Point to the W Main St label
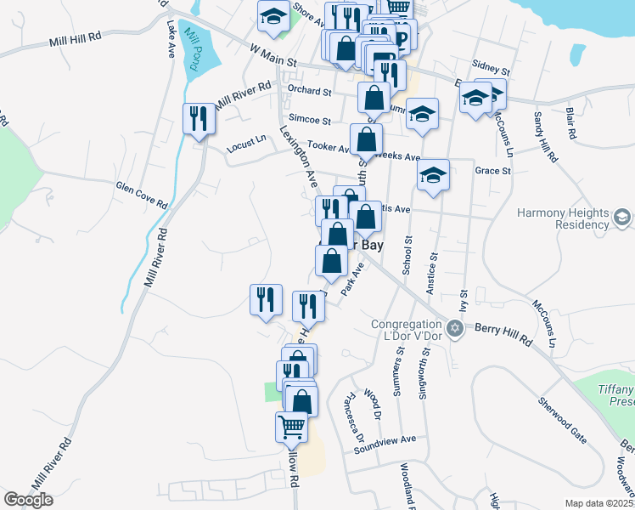click(272, 57)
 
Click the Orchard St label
click(308, 90)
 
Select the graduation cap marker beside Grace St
click(433, 175)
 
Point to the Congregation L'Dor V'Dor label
click(407, 328)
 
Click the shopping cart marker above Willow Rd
click(291, 426)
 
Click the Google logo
click(29, 499)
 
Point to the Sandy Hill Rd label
click(544, 136)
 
